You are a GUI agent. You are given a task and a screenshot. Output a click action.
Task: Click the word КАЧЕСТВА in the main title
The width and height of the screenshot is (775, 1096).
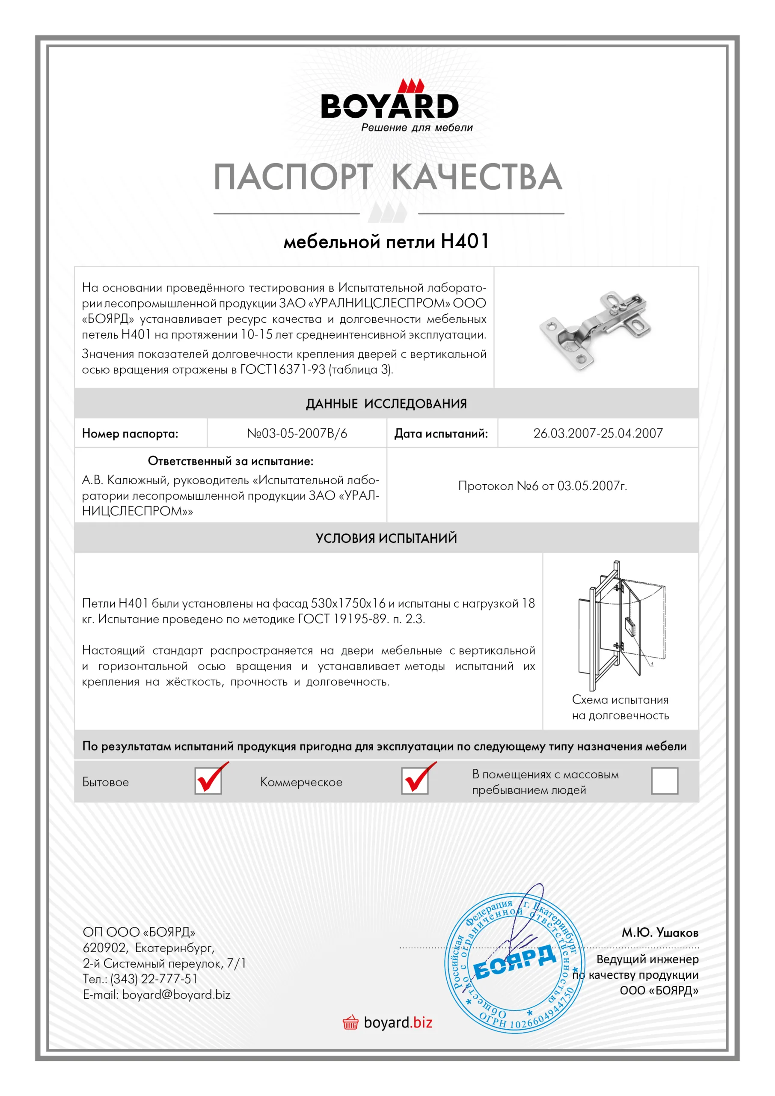477,177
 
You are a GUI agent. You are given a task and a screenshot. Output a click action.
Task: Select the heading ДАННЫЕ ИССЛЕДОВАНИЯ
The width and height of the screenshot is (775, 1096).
386,404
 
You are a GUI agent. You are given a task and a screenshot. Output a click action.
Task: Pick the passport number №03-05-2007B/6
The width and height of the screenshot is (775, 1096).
297,433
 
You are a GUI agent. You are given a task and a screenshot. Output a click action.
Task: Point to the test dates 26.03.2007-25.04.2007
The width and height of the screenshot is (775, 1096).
598,433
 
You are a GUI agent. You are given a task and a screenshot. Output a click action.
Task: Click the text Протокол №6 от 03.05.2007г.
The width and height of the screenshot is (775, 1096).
543,486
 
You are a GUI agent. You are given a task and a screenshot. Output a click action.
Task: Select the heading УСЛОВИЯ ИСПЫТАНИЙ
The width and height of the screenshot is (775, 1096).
386,539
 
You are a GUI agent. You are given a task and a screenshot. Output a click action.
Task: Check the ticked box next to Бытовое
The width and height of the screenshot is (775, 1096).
208,781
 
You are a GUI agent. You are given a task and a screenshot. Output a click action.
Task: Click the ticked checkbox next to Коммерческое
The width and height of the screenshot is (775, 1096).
415,781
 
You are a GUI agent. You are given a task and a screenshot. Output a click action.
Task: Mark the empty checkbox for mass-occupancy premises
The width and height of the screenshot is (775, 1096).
664,781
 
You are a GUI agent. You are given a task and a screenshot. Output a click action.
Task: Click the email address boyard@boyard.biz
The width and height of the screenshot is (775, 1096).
176,995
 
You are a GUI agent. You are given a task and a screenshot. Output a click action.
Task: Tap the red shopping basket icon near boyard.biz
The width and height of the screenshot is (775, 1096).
350,1023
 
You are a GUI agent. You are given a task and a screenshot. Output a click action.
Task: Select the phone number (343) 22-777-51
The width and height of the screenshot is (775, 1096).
154,979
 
